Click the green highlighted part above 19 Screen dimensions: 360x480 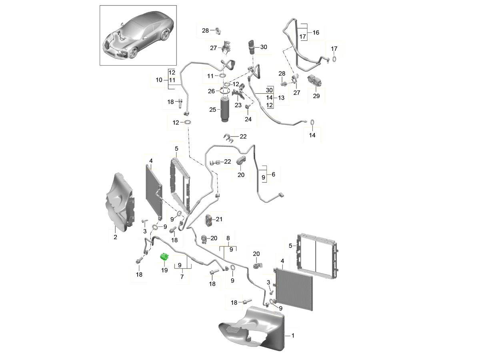click(164, 257)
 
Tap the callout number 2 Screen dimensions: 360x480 click(115, 237)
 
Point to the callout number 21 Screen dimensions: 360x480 click(219, 219)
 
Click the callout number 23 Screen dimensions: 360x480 click(238, 105)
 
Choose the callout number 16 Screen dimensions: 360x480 click(316, 32)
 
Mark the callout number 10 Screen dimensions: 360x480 click(159, 80)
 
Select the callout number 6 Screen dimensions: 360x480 click(273, 174)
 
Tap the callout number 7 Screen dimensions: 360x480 click(182, 276)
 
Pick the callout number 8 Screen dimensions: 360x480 click(228, 238)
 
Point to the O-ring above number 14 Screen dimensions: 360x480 click(312, 122)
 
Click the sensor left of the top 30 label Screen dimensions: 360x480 click(252, 47)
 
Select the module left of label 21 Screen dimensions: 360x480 click(209, 220)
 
